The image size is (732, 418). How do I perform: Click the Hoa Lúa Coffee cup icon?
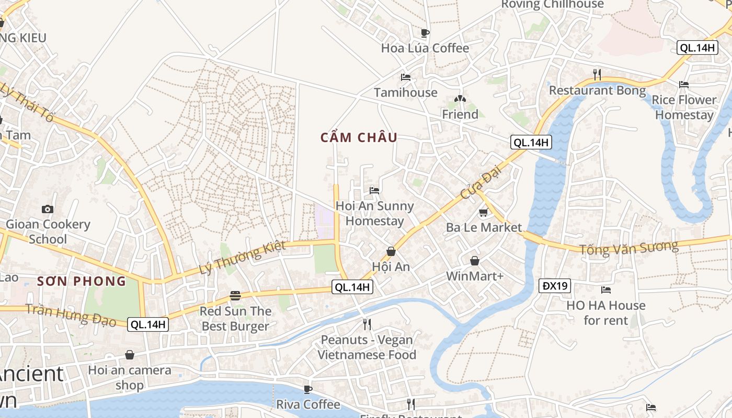[x=425, y=33]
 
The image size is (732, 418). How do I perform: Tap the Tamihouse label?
[x=406, y=92]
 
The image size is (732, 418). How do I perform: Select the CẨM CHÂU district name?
[x=359, y=138]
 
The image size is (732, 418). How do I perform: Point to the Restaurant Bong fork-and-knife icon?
[x=597, y=74]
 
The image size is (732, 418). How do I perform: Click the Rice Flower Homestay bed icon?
[x=683, y=85]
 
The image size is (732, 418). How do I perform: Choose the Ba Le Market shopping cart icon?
[x=483, y=213]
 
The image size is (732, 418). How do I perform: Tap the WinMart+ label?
[x=474, y=275]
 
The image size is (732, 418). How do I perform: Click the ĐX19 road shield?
[x=555, y=286]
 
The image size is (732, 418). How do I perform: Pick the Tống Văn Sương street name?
[x=628, y=248]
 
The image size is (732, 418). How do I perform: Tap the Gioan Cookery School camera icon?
[x=48, y=209]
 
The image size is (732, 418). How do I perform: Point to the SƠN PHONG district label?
[x=82, y=281]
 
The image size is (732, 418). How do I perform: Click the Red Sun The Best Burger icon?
[x=235, y=296]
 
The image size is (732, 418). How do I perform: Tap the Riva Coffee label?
[x=308, y=404]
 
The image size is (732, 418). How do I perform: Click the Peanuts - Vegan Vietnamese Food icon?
[x=367, y=324]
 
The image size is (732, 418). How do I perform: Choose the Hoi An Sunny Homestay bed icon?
[x=374, y=190]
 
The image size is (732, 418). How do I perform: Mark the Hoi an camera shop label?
[x=129, y=378]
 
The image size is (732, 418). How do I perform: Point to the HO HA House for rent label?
[x=606, y=312]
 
